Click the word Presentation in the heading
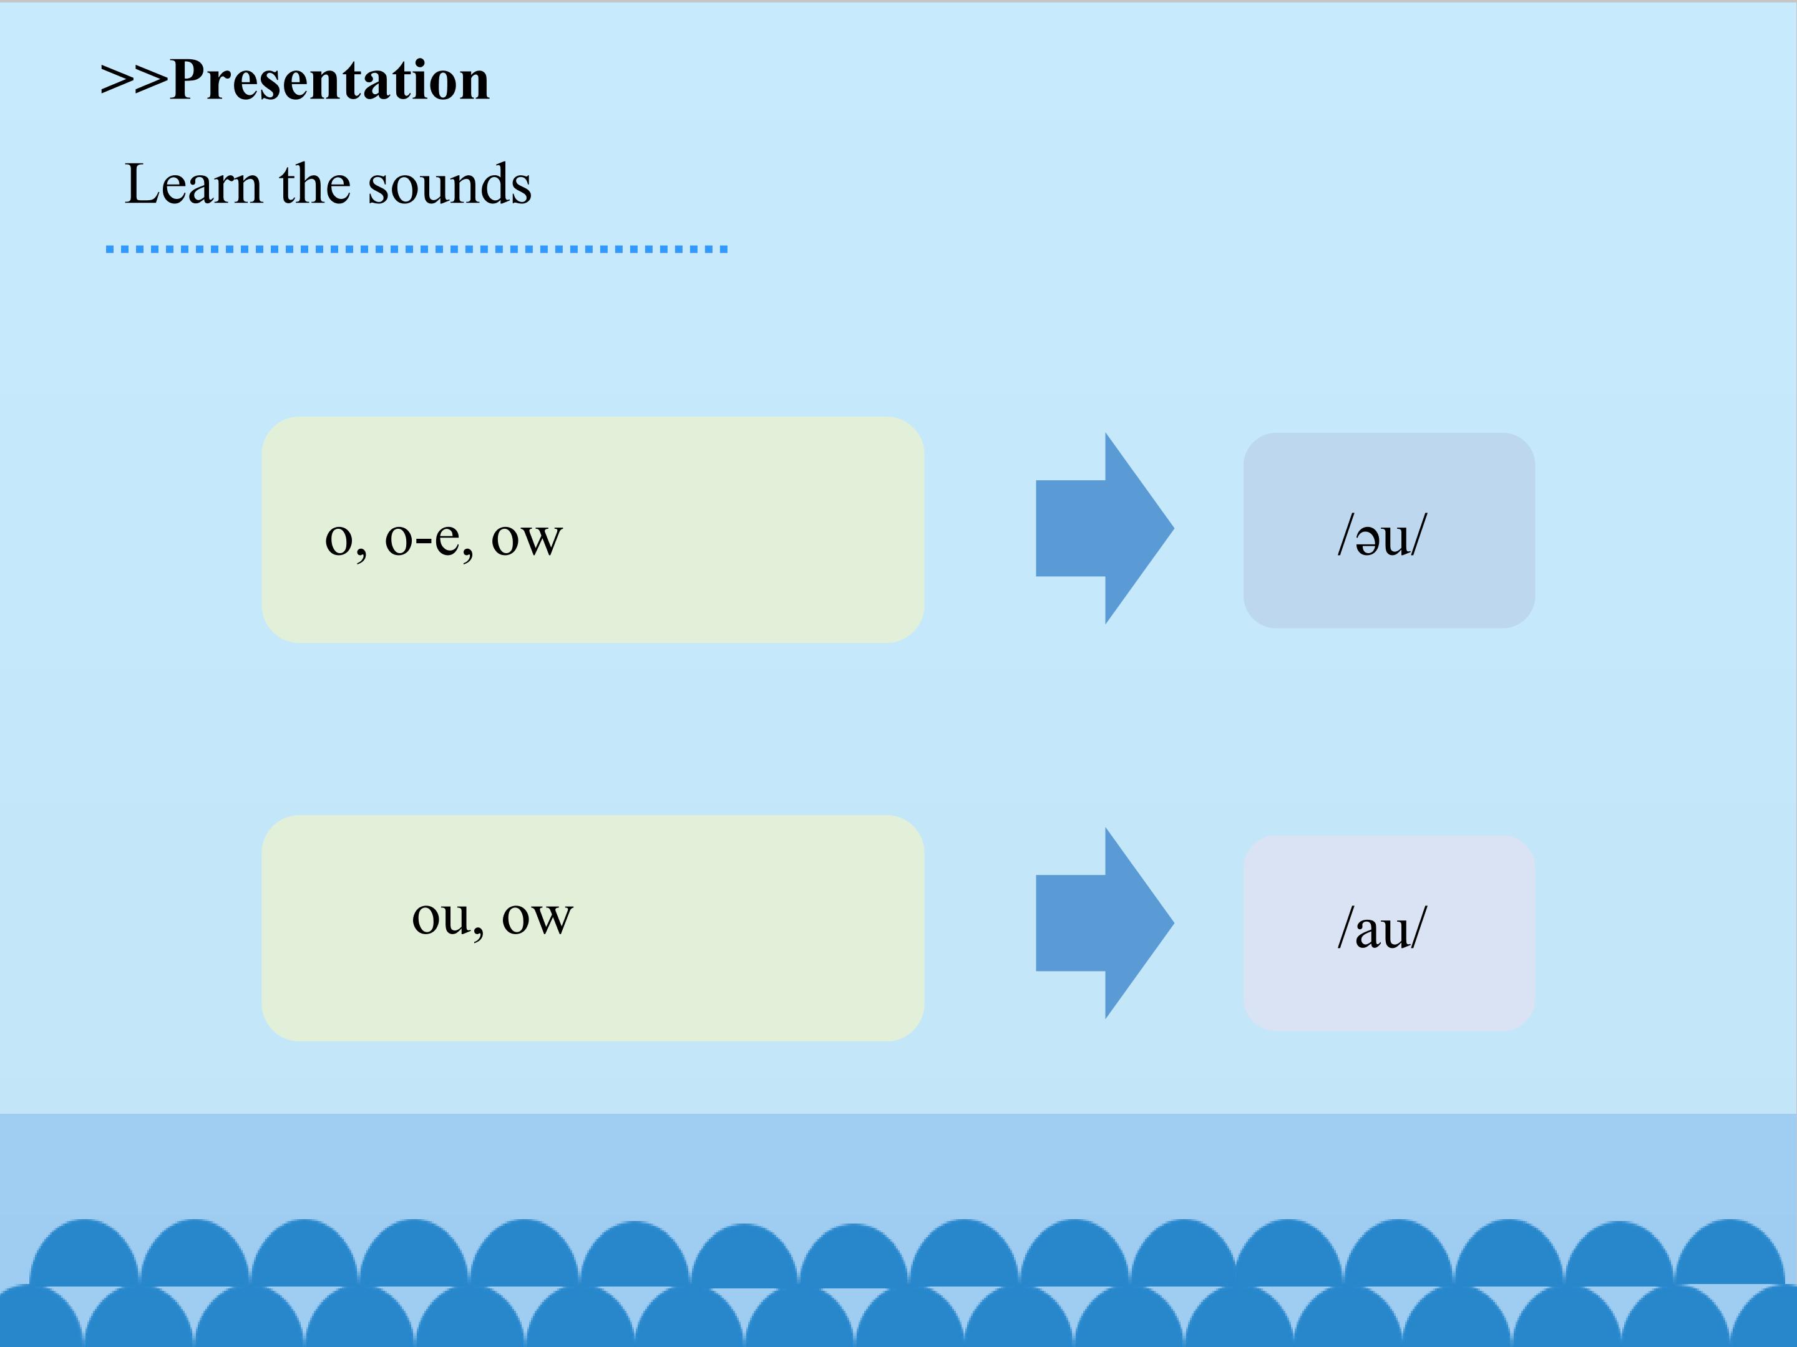[330, 80]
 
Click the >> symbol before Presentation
[134, 80]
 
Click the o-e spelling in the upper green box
[423, 538]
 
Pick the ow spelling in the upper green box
[527, 538]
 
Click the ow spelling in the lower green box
[537, 917]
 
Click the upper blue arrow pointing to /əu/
[1103, 529]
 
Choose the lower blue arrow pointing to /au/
[1103, 923]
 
